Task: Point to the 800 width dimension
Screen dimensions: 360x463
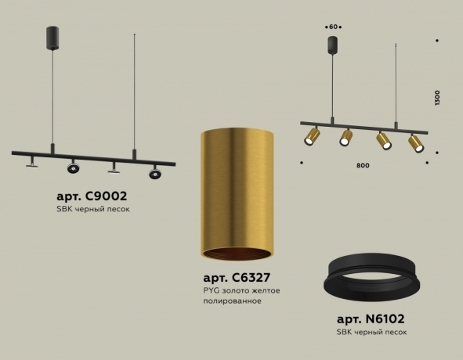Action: (x=362, y=165)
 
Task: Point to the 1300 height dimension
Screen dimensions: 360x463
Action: (x=437, y=98)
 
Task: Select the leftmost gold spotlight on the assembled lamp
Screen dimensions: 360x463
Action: (x=312, y=138)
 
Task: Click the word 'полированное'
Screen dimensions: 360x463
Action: (x=230, y=301)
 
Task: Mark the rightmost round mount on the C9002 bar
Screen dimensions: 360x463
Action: (x=154, y=171)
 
